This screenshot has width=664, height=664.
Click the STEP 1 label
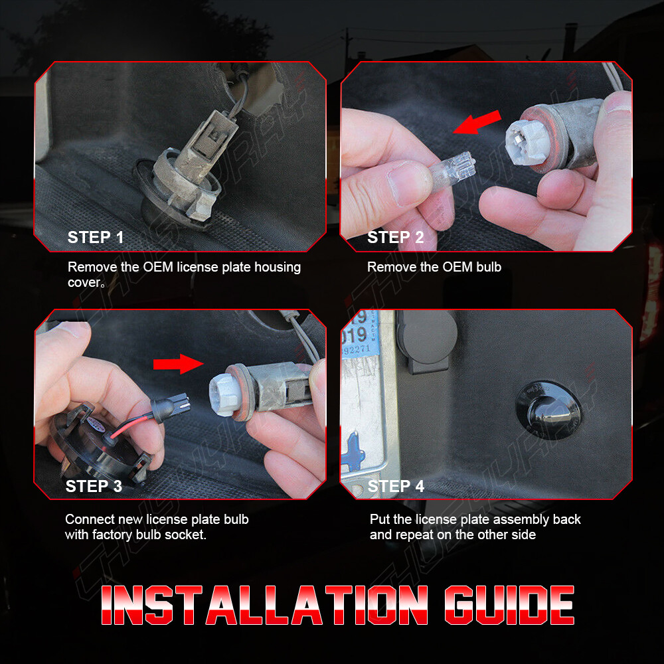point(96,238)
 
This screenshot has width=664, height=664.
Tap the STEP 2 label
point(395,238)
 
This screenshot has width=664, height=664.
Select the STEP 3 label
point(94,486)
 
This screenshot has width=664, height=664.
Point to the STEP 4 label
point(396,486)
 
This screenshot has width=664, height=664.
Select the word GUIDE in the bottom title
point(508,606)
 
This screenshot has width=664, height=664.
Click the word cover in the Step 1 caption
point(85,282)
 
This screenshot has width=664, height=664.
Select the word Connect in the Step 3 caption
point(89,519)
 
